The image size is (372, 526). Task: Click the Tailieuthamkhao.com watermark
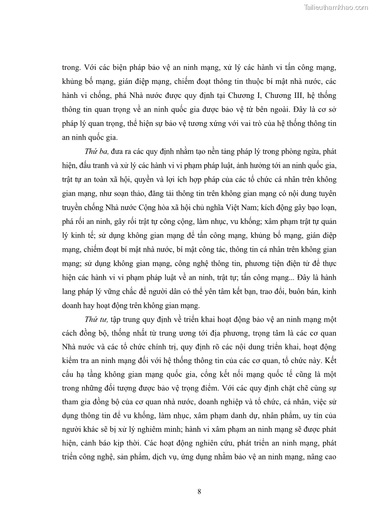click(336, 7)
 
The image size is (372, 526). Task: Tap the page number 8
click(200, 491)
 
